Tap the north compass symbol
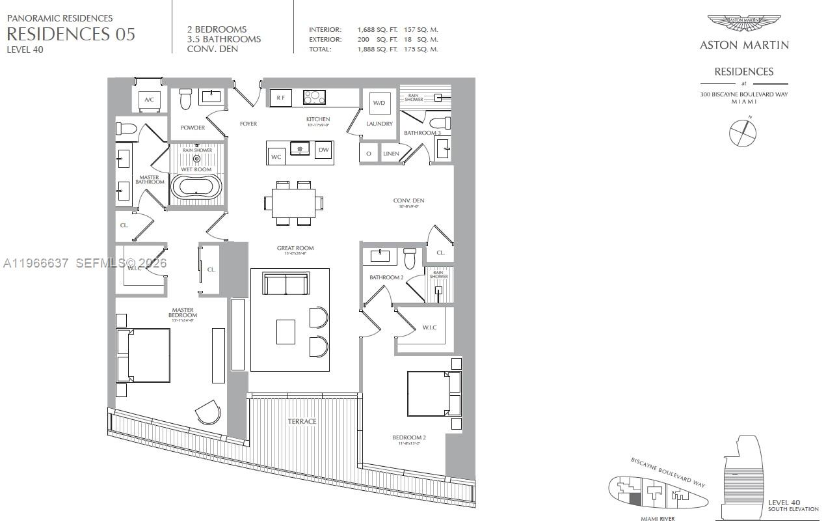743,132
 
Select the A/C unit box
149,100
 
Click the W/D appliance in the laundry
379,103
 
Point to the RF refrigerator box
280,98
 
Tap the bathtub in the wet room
196,187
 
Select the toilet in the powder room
186,99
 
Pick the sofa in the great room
285,284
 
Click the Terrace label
302,421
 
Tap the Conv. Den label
408,201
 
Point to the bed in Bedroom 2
433,393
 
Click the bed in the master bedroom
144,355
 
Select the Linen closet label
391,154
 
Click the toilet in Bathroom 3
441,122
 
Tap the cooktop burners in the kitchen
314,97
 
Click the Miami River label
658,518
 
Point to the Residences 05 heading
71,35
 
